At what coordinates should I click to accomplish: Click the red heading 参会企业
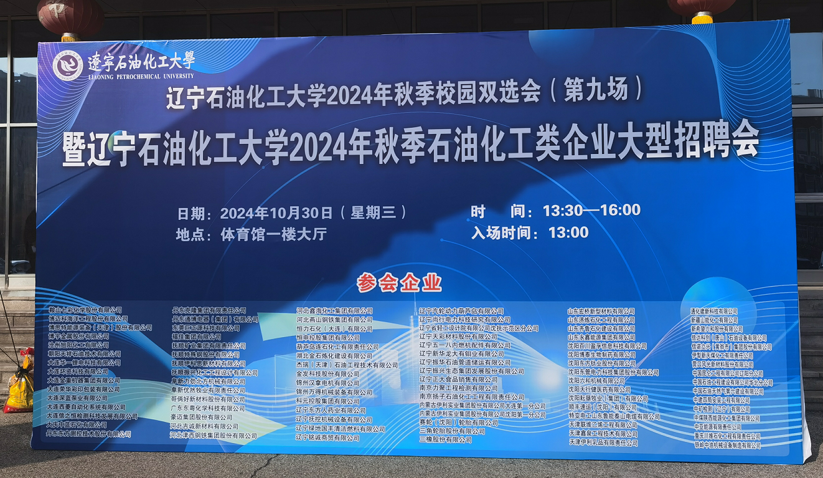(x=399, y=283)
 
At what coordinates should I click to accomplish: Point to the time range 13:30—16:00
(x=591, y=211)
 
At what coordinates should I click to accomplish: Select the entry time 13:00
(x=568, y=232)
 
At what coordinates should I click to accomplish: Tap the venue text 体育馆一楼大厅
(x=274, y=235)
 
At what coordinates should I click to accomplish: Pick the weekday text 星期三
(x=374, y=213)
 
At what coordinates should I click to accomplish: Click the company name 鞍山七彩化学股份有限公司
(x=85, y=310)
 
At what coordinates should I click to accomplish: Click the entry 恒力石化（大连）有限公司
(x=334, y=328)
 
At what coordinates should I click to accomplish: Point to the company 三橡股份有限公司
(x=445, y=439)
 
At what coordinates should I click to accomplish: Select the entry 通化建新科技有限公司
(x=713, y=311)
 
